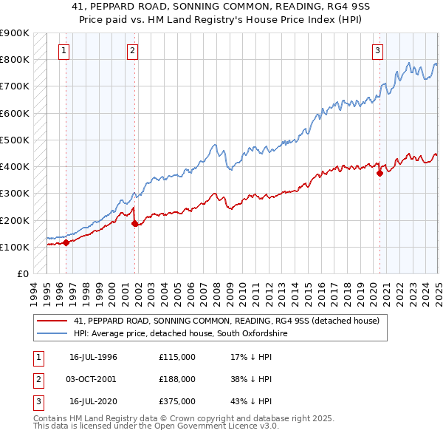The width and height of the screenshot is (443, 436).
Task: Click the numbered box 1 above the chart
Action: click(64, 51)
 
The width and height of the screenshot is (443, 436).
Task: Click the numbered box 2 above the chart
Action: click(132, 51)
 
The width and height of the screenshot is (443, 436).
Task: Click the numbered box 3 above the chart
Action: click(377, 51)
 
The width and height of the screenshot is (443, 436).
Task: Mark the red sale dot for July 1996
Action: click(66, 242)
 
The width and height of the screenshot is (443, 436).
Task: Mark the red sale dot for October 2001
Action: click(134, 222)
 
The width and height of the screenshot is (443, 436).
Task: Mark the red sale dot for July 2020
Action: click(380, 173)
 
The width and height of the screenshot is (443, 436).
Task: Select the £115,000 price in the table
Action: click(176, 357)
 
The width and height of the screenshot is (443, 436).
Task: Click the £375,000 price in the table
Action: click(176, 401)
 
